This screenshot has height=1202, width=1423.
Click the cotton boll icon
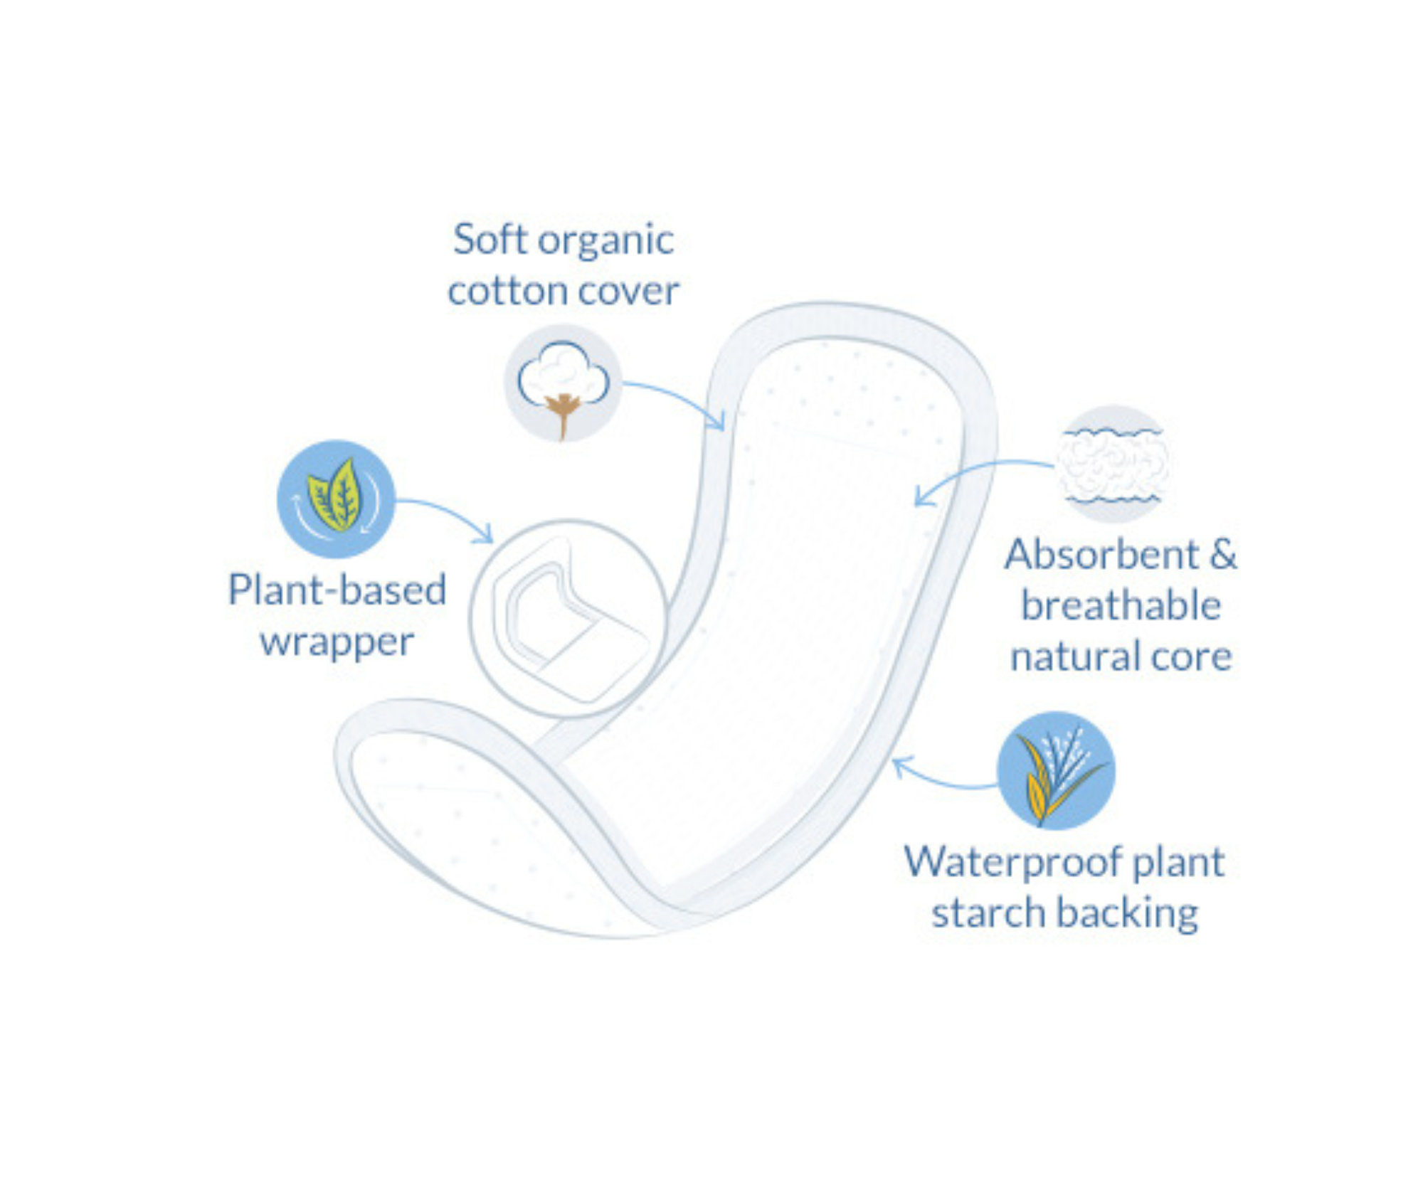[x=563, y=383]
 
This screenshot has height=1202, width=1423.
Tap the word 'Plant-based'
[x=337, y=590]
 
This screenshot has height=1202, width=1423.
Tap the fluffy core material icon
[x=1113, y=464]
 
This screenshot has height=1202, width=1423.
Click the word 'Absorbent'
[x=1101, y=555]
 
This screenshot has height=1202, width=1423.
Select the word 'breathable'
[x=1121, y=605]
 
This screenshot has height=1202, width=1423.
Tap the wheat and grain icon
[x=1056, y=771]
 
